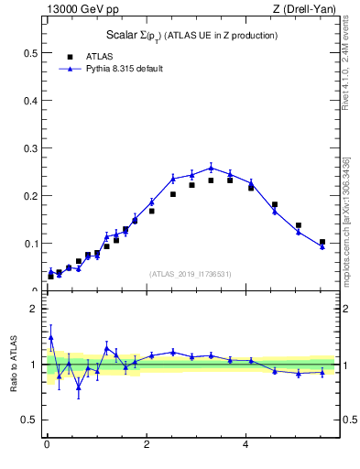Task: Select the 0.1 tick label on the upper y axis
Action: click(30, 244)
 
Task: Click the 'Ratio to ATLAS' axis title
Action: click(15, 365)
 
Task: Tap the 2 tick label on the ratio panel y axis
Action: click(34, 309)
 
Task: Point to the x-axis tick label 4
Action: click(245, 445)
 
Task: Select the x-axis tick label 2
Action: click(146, 445)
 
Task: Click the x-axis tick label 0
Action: click(47, 445)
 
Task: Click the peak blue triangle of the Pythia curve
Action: click(211, 168)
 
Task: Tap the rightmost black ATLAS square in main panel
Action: click(322, 242)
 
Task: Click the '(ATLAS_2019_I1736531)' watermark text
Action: click(191, 274)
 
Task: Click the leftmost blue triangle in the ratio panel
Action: click(50, 337)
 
